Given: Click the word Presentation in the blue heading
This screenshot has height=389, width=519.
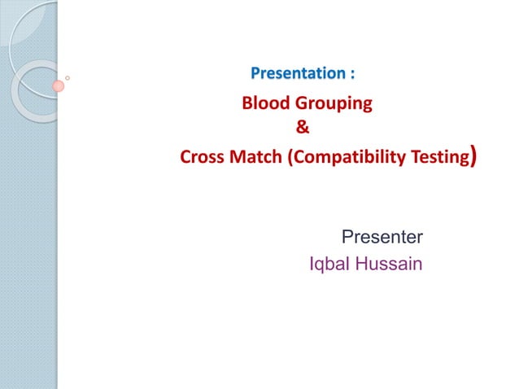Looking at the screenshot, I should click(x=298, y=74).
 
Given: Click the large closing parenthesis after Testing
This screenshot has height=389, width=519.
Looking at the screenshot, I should click(x=473, y=155).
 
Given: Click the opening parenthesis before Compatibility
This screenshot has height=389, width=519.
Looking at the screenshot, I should click(x=290, y=157).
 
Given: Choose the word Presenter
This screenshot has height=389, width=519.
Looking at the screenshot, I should click(x=382, y=238).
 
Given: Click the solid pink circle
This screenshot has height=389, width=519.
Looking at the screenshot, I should click(x=59, y=85).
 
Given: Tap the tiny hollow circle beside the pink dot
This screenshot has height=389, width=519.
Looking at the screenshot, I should click(x=68, y=78).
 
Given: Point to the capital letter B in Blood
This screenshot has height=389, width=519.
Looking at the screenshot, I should click(x=247, y=103).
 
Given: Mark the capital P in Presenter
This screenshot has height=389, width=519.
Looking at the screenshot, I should click(x=347, y=238).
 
